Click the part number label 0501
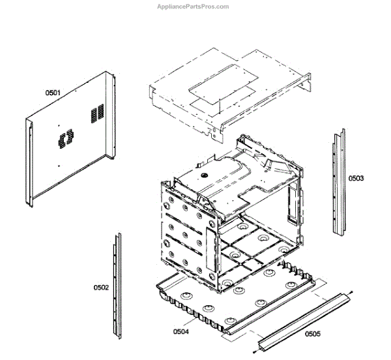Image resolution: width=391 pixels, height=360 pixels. [53, 93]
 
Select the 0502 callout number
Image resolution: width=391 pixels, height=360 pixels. [101, 286]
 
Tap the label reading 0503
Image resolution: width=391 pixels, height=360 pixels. [356, 178]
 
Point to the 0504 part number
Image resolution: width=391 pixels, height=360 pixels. [181, 331]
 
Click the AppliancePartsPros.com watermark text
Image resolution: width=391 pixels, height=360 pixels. [194, 7]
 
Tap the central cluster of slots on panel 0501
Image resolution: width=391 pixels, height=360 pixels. [65, 138]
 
